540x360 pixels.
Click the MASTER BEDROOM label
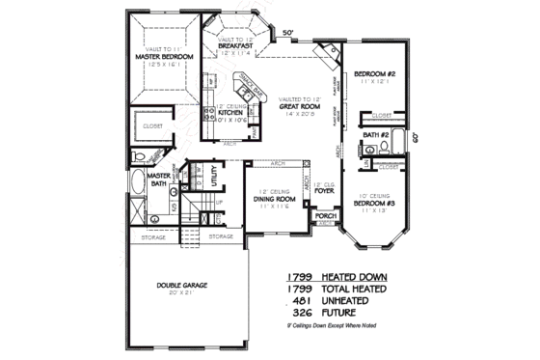(165, 58)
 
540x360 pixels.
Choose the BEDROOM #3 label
(371, 204)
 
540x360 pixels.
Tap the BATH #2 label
(375, 136)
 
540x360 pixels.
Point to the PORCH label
(326, 215)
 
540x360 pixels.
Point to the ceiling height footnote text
(337, 327)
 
